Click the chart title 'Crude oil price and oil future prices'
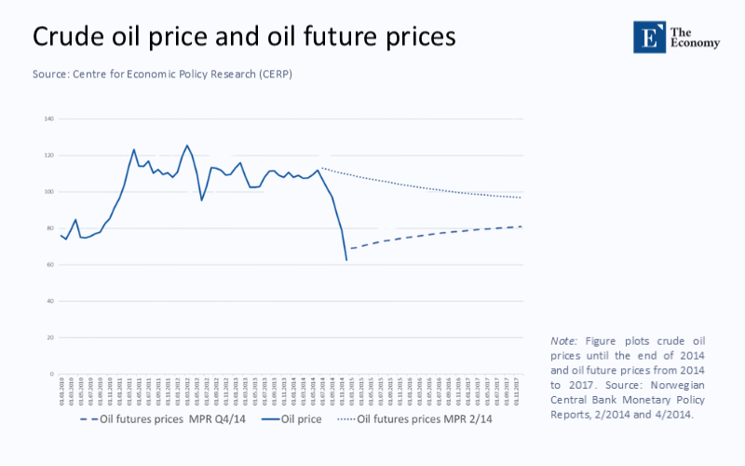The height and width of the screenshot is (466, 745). tap(244, 36)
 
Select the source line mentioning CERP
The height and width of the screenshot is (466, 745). tap(163, 74)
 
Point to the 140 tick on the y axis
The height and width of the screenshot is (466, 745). tap(48, 119)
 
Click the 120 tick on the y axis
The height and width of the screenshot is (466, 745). tap(48, 156)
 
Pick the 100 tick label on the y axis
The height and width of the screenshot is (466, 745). tap(48, 192)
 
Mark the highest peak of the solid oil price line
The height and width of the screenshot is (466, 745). tap(187, 145)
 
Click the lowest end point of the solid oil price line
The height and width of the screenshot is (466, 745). tap(346, 260)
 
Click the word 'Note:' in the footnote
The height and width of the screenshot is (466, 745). tap(564, 341)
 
